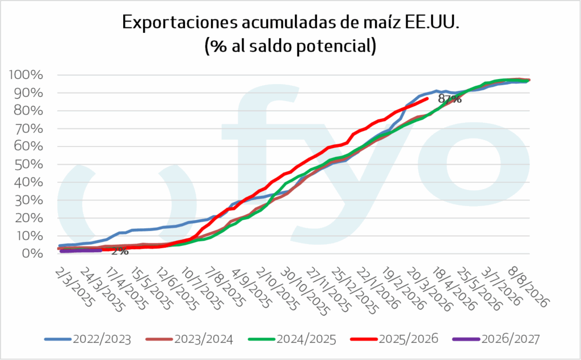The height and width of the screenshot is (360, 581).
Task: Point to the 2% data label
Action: [x=119, y=252]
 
